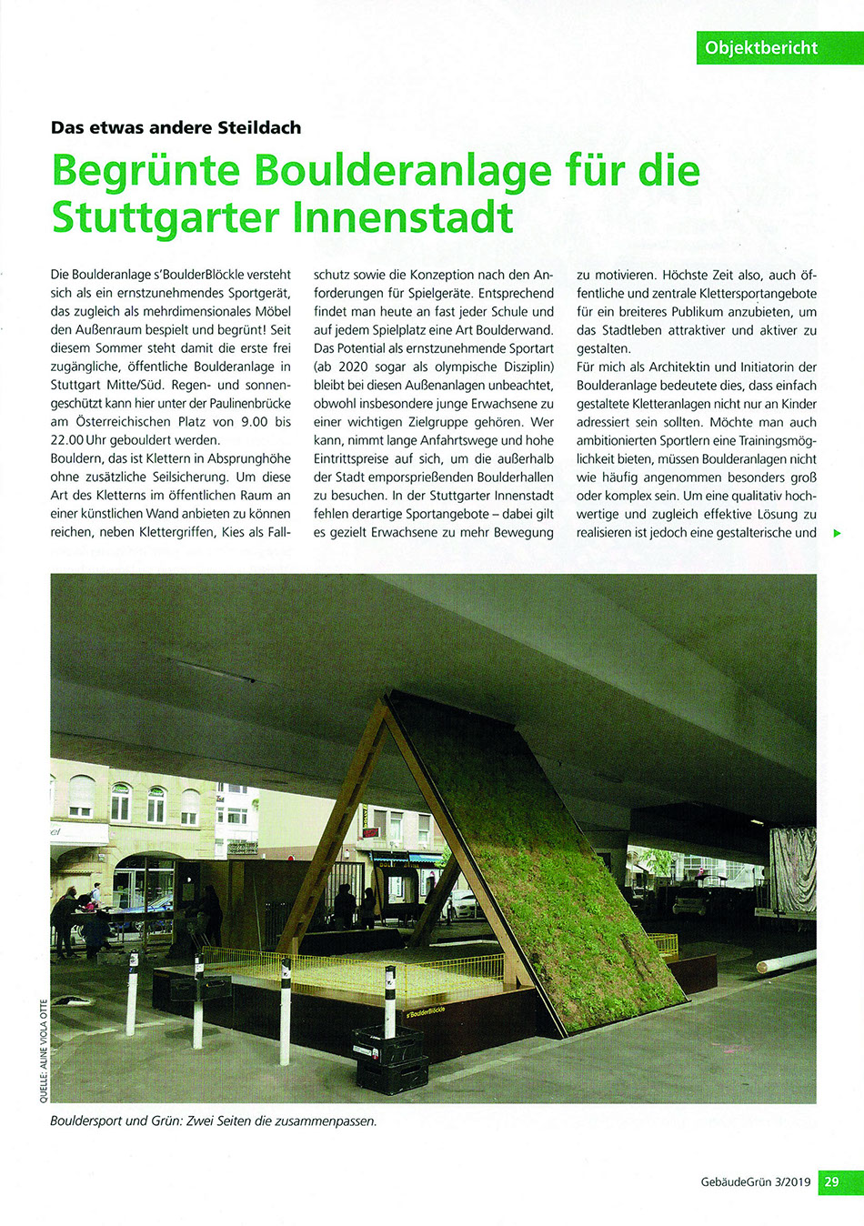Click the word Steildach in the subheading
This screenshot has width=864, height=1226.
tap(259, 127)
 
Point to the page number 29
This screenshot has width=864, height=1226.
tap(831, 1182)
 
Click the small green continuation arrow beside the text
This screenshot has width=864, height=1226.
tap(837, 533)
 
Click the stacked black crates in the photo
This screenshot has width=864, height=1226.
tap(391, 1059)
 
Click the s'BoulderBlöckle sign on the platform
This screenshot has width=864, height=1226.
tap(425, 1012)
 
